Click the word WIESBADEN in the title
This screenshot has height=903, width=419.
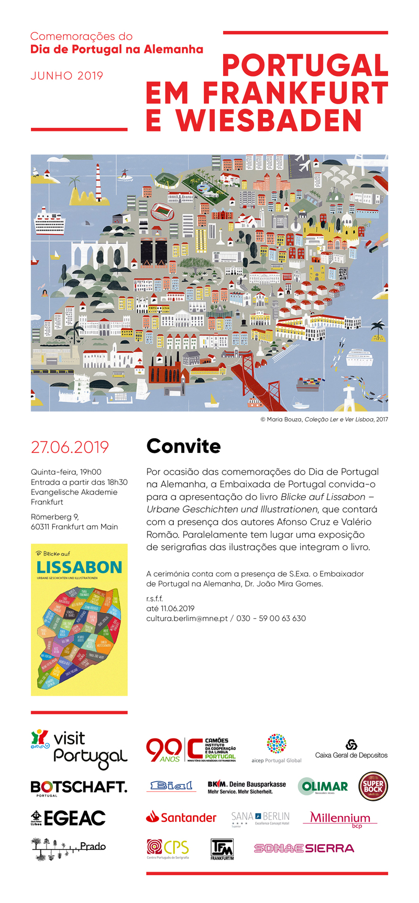pos(269,121)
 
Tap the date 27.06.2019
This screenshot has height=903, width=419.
pos(70,447)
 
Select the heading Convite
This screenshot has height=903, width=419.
pos(183,446)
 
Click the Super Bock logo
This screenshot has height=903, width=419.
pos(372,786)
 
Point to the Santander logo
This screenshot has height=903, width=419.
pos(181,817)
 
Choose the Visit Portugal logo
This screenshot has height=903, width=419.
pos(79,748)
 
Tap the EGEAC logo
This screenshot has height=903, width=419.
pos(68,818)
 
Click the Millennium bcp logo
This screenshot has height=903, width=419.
pos(340,819)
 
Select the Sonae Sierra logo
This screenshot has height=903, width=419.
pos(304,848)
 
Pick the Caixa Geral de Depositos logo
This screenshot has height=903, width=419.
pos(351,749)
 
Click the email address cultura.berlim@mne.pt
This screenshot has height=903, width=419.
pos(186,618)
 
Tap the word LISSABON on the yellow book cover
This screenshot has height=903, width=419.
pos(79,567)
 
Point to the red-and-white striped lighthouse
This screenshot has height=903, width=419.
pos(97,181)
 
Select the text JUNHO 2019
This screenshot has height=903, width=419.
pos(67,75)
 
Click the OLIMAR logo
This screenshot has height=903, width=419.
pos(323,786)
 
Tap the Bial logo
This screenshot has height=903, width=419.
pos(171,786)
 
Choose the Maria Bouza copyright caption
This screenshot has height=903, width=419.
pos(324,419)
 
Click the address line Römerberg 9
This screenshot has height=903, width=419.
pos(54,517)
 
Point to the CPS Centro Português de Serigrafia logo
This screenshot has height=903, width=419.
pos(168,848)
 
